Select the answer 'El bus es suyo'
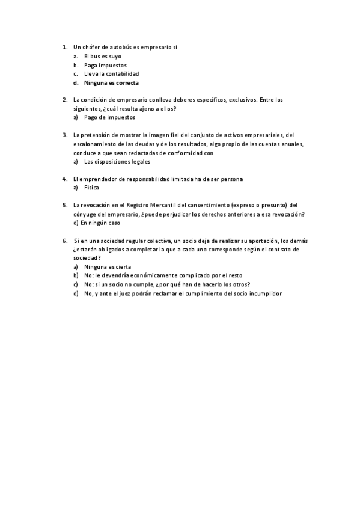102,56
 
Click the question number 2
64,99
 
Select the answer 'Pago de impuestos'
109,117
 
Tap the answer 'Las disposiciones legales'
117,162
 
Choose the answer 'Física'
91,188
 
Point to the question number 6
64,240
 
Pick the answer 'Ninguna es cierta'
107,266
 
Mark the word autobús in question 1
121,46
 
